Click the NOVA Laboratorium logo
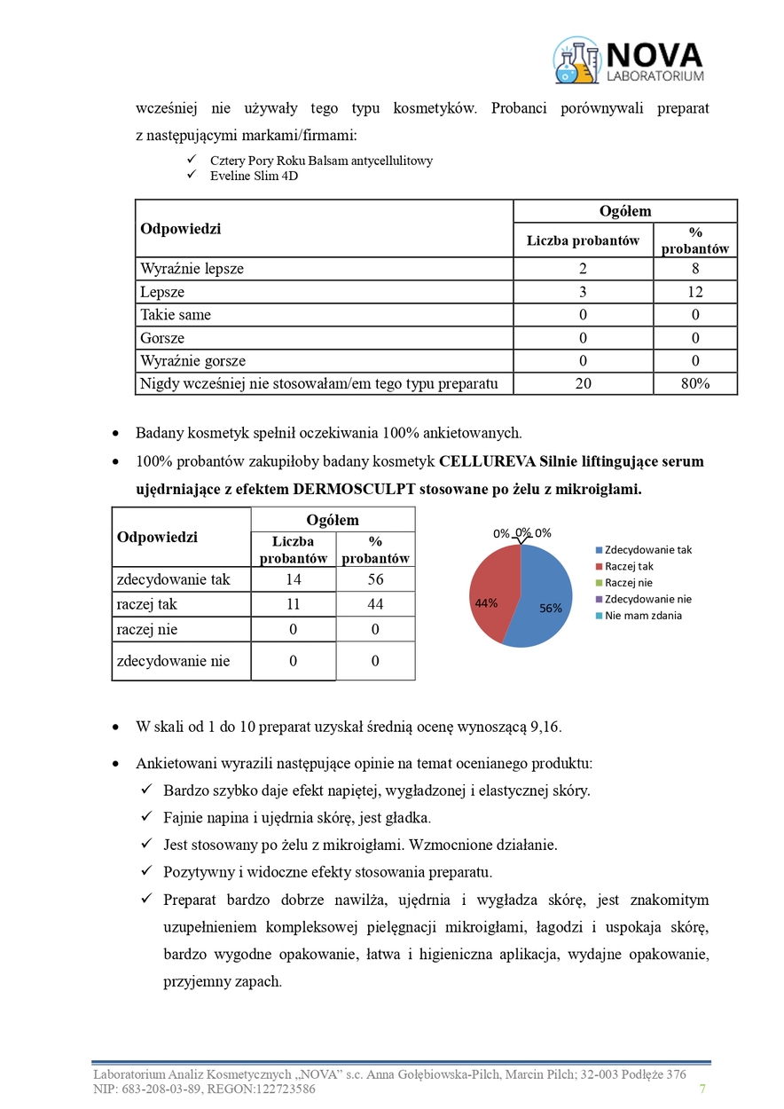coord(628,60)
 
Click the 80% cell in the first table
coord(695,383)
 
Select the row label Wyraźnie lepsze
coord(192,269)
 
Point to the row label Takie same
coord(176,315)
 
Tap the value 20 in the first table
coord(583,383)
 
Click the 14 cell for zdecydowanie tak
coord(294,579)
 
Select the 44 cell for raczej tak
coord(375,604)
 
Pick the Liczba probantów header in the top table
coord(583,240)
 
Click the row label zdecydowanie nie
coord(173,661)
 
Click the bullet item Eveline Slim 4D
coord(254,176)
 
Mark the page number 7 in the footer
coord(702,1089)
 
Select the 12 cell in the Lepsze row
coord(695,292)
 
